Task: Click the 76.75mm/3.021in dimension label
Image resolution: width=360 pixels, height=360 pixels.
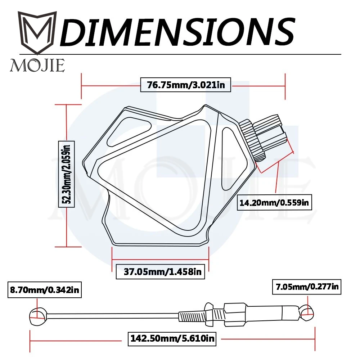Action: click(185, 85)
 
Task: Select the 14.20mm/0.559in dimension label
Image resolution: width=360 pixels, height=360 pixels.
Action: click(274, 202)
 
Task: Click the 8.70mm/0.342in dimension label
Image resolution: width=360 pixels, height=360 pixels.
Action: click(45, 290)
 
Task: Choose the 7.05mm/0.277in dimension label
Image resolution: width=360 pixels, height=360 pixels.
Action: click(307, 287)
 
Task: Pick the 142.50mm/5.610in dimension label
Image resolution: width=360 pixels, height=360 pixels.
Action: click(172, 338)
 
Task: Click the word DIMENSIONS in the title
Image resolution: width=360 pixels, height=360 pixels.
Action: click(177, 31)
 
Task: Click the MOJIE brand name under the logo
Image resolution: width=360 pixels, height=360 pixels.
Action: click(37, 66)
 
